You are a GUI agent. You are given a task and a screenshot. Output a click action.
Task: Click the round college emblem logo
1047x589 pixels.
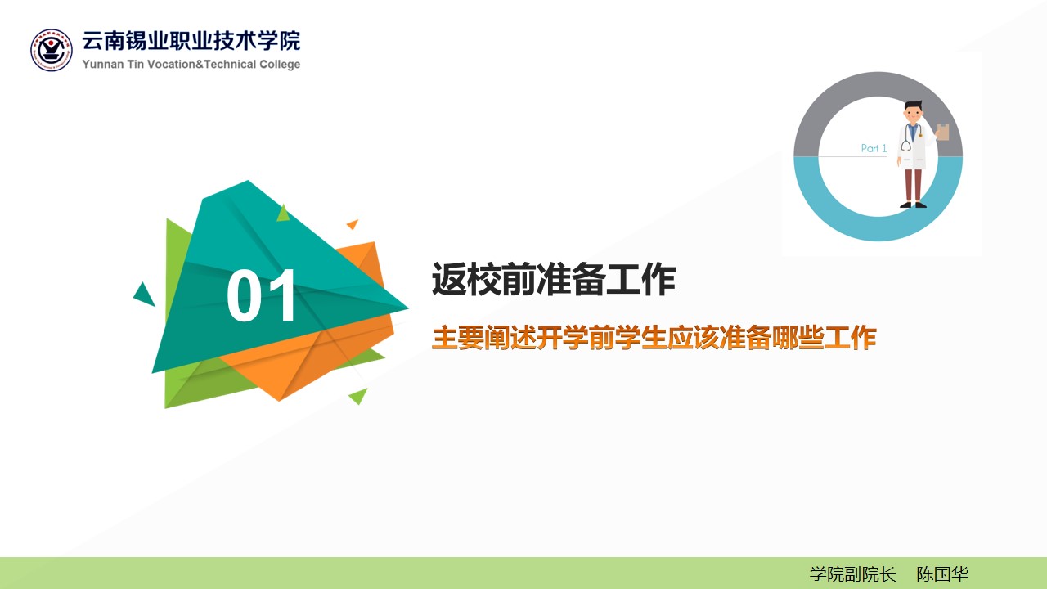click(52, 50)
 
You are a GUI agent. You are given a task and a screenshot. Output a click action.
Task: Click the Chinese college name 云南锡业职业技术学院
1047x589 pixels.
click(191, 41)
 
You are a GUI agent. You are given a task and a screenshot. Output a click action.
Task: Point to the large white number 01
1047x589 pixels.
click(261, 295)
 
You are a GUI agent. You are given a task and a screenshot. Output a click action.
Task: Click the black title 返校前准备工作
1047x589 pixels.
click(554, 279)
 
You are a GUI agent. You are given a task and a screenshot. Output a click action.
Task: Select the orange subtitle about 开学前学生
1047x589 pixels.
click(654, 338)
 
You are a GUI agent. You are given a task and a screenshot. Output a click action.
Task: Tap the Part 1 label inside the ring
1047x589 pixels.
click(874, 148)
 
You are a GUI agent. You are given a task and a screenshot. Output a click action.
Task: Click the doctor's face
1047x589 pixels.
click(913, 114)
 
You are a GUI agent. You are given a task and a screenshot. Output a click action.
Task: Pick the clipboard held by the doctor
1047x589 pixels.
click(943, 133)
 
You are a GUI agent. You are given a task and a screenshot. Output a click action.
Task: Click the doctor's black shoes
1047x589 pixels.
click(914, 205)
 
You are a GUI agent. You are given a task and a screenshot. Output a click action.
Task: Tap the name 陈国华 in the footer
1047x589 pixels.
click(941, 574)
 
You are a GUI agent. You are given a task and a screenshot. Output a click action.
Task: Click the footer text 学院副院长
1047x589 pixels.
click(852, 574)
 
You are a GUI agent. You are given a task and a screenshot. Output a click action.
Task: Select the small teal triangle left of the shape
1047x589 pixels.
click(144, 294)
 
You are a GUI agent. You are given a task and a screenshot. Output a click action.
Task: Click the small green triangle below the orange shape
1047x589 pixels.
click(358, 396)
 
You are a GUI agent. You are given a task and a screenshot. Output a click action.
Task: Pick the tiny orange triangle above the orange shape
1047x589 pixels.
click(353, 224)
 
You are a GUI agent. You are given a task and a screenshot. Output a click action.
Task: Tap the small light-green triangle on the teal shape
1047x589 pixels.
click(283, 213)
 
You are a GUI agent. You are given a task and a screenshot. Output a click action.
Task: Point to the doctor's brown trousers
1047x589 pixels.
click(914, 185)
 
